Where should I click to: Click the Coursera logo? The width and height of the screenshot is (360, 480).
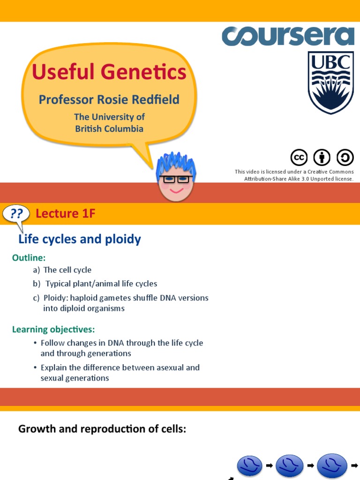[288, 37]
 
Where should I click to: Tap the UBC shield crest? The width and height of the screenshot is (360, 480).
[330, 82]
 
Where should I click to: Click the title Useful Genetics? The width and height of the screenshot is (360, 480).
[109, 72]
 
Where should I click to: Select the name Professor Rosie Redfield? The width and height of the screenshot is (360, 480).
[109, 99]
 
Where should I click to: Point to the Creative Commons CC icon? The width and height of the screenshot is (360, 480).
[299, 158]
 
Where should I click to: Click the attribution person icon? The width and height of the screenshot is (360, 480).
[322, 158]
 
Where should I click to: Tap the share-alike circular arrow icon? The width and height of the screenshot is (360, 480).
[345, 158]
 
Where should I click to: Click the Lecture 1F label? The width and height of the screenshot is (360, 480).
[66, 214]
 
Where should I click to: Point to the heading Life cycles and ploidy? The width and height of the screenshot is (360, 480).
[79, 239]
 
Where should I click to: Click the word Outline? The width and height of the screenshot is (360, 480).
[29, 258]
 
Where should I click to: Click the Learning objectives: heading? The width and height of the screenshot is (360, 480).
[53, 329]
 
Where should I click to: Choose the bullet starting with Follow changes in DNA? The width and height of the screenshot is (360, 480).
[121, 348]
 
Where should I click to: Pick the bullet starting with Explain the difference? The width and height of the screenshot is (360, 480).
[120, 373]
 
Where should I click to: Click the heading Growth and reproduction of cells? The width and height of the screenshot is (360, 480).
[102, 428]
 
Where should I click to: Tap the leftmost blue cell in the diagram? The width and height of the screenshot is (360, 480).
[250, 465]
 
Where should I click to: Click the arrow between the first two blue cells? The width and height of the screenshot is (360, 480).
[270, 465]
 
